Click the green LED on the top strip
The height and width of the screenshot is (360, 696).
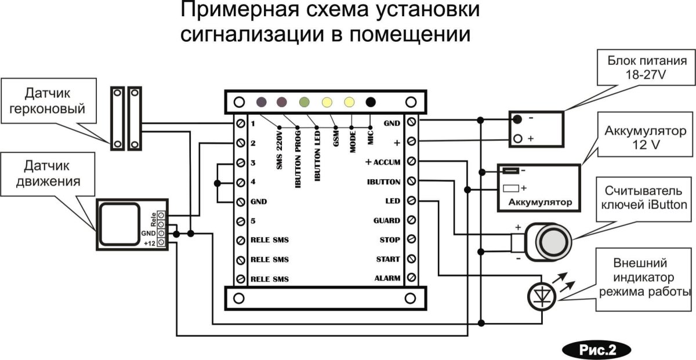[304, 102]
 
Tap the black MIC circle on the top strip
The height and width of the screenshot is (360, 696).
[371, 102]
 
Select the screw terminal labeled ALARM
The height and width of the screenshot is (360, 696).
[412, 278]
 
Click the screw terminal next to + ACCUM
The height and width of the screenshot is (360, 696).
[412, 161]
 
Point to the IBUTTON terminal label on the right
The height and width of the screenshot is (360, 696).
[383, 181]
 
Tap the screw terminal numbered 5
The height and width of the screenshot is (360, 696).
[241, 221]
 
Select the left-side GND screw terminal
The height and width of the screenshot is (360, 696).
[241, 202]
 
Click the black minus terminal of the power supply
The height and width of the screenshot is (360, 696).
[517, 119]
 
